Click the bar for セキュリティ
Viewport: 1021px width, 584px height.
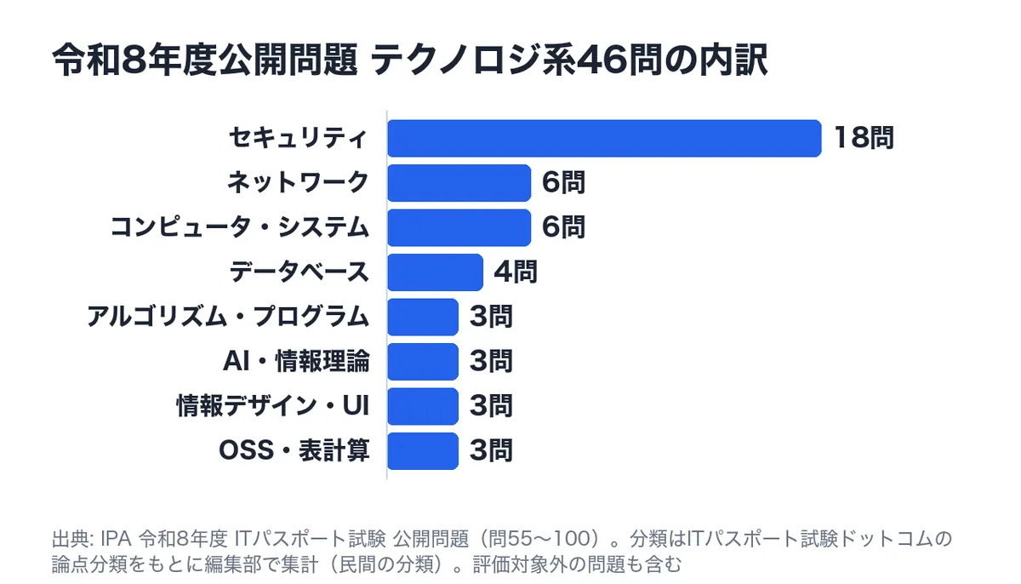click(x=604, y=138)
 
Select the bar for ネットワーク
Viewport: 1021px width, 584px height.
click(x=459, y=183)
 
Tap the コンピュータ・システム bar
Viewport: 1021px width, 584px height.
click(x=459, y=227)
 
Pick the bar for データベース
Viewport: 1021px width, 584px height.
click(x=436, y=272)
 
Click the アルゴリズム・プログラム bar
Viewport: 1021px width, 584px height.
click(x=423, y=317)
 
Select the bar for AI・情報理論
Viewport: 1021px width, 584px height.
click(x=423, y=362)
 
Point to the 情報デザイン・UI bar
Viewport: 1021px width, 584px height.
click(x=423, y=406)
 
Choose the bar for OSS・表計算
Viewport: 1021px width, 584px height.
click(x=423, y=451)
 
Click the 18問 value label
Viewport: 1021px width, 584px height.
click(x=864, y=138)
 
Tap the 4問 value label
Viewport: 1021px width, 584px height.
click(x=516, y=272)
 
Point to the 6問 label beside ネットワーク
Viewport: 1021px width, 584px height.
click(x=563, y=182)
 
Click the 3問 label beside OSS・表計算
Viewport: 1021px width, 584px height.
click(x=492, y=450)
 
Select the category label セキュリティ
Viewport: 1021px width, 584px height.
click(x=298, y=138)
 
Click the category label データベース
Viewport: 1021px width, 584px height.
click(x=299, y=272)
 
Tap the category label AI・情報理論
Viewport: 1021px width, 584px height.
click(x=296, y=362)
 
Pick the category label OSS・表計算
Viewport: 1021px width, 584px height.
click(x=294, y=450)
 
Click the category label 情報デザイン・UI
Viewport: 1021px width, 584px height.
click(x=272, y=406)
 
